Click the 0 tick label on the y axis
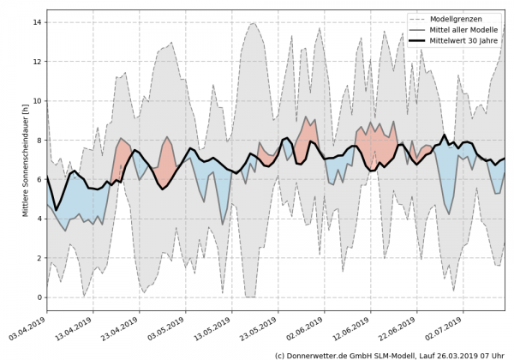pyautogui.click(x=38, y=297)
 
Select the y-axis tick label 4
pyautogui.click(x=38, y=219)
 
